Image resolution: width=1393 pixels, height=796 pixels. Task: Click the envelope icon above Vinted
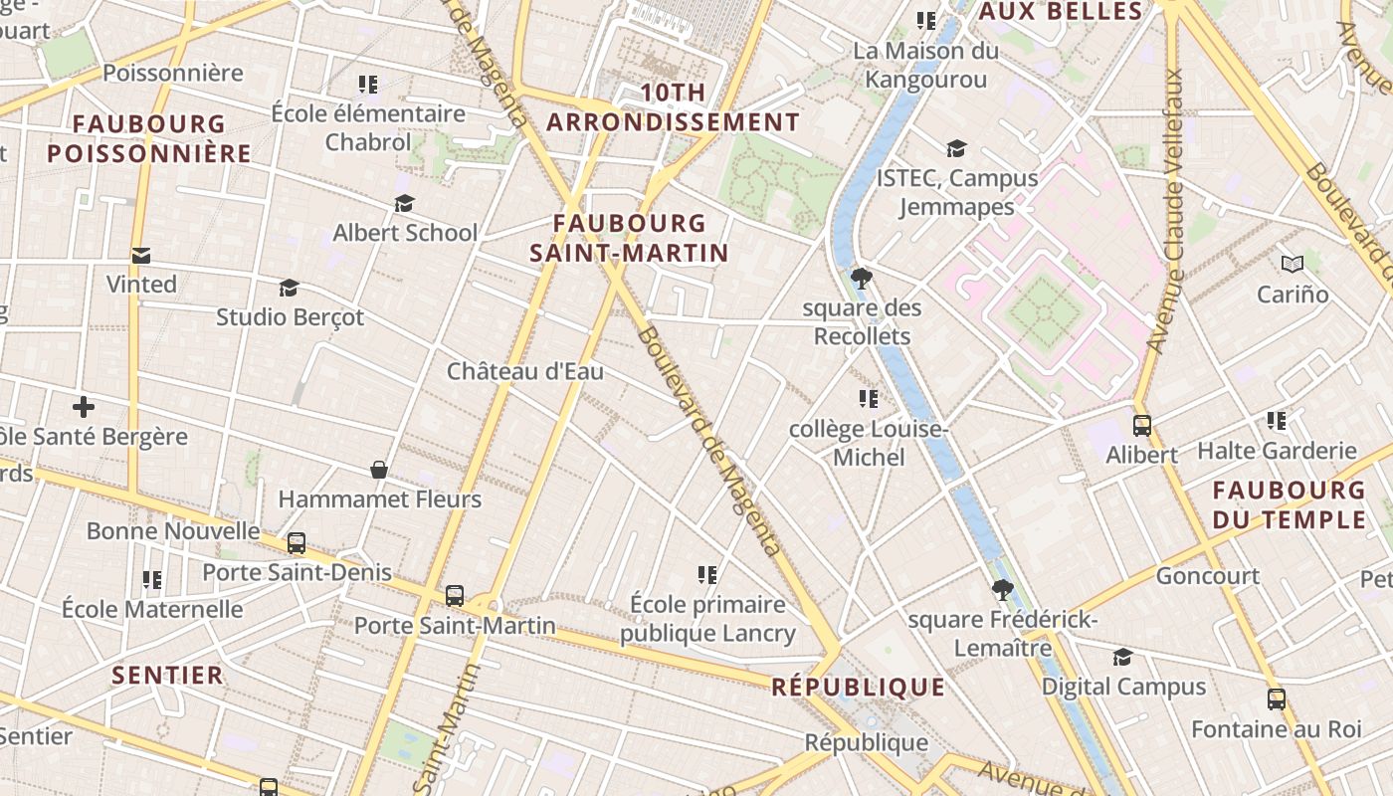(x=141, y=256)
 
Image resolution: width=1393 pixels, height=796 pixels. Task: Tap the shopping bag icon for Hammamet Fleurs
(x=379, y=469)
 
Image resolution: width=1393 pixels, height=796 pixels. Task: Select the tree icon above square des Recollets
(x=862, y=279)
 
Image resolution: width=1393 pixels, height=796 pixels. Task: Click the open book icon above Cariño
(x=1292, y=265)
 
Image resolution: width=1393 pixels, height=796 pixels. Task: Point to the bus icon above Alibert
(x=1141, y=426)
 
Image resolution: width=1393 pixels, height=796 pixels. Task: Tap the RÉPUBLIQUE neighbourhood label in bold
(x=858, y=687)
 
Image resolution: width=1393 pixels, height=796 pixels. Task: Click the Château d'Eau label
(x=524, y=372)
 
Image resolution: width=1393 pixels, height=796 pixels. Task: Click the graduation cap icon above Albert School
(x=404, y=204)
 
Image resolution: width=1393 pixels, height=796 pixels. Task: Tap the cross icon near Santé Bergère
(x=84, y=407)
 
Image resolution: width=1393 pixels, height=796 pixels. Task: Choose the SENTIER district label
(x=167, y=676)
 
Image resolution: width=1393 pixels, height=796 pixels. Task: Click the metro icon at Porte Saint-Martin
(x=455, y=596)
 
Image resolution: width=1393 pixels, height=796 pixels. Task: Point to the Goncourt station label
(x=1207, y=576)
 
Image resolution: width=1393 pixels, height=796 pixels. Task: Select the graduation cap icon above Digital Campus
(x=1122, y=657)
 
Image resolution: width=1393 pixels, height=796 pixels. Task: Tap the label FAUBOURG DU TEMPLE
(x=1289, y=504)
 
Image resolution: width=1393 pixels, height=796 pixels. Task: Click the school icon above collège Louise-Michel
(x=868, y=399)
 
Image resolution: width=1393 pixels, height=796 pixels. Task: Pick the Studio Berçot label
(x=290, y=317)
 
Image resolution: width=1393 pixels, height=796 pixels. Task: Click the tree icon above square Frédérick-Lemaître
(x=1002, y=590)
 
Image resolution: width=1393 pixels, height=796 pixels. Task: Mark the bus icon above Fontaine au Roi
(x=1276, y=699)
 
